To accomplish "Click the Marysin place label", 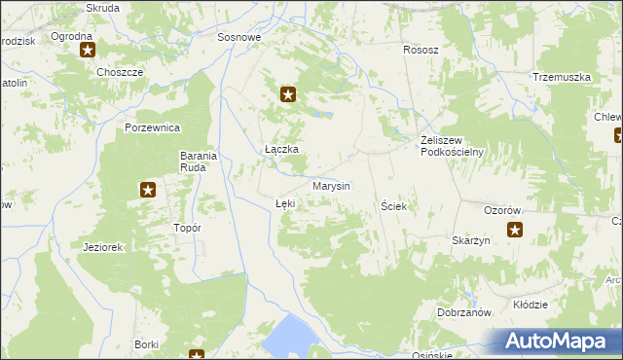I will pyautogui.click(x=331, y=186).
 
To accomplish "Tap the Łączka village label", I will pyautogui.click(x=281, y=149).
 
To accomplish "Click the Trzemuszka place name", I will pyautogui.click(x=562, y=77).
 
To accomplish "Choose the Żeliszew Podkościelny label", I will pyautogui.click(x=452, y=145).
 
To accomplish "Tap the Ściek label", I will pyautogui.click(x=393, y=207).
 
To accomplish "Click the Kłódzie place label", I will pyautogui.click(x=530, y=305).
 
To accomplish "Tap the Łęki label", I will pyautogui.click(x=285, y=203).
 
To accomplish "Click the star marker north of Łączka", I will pyautogui.click(x=288, y=94).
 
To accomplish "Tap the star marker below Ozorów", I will pyautogui.click(x=514, y=231).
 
